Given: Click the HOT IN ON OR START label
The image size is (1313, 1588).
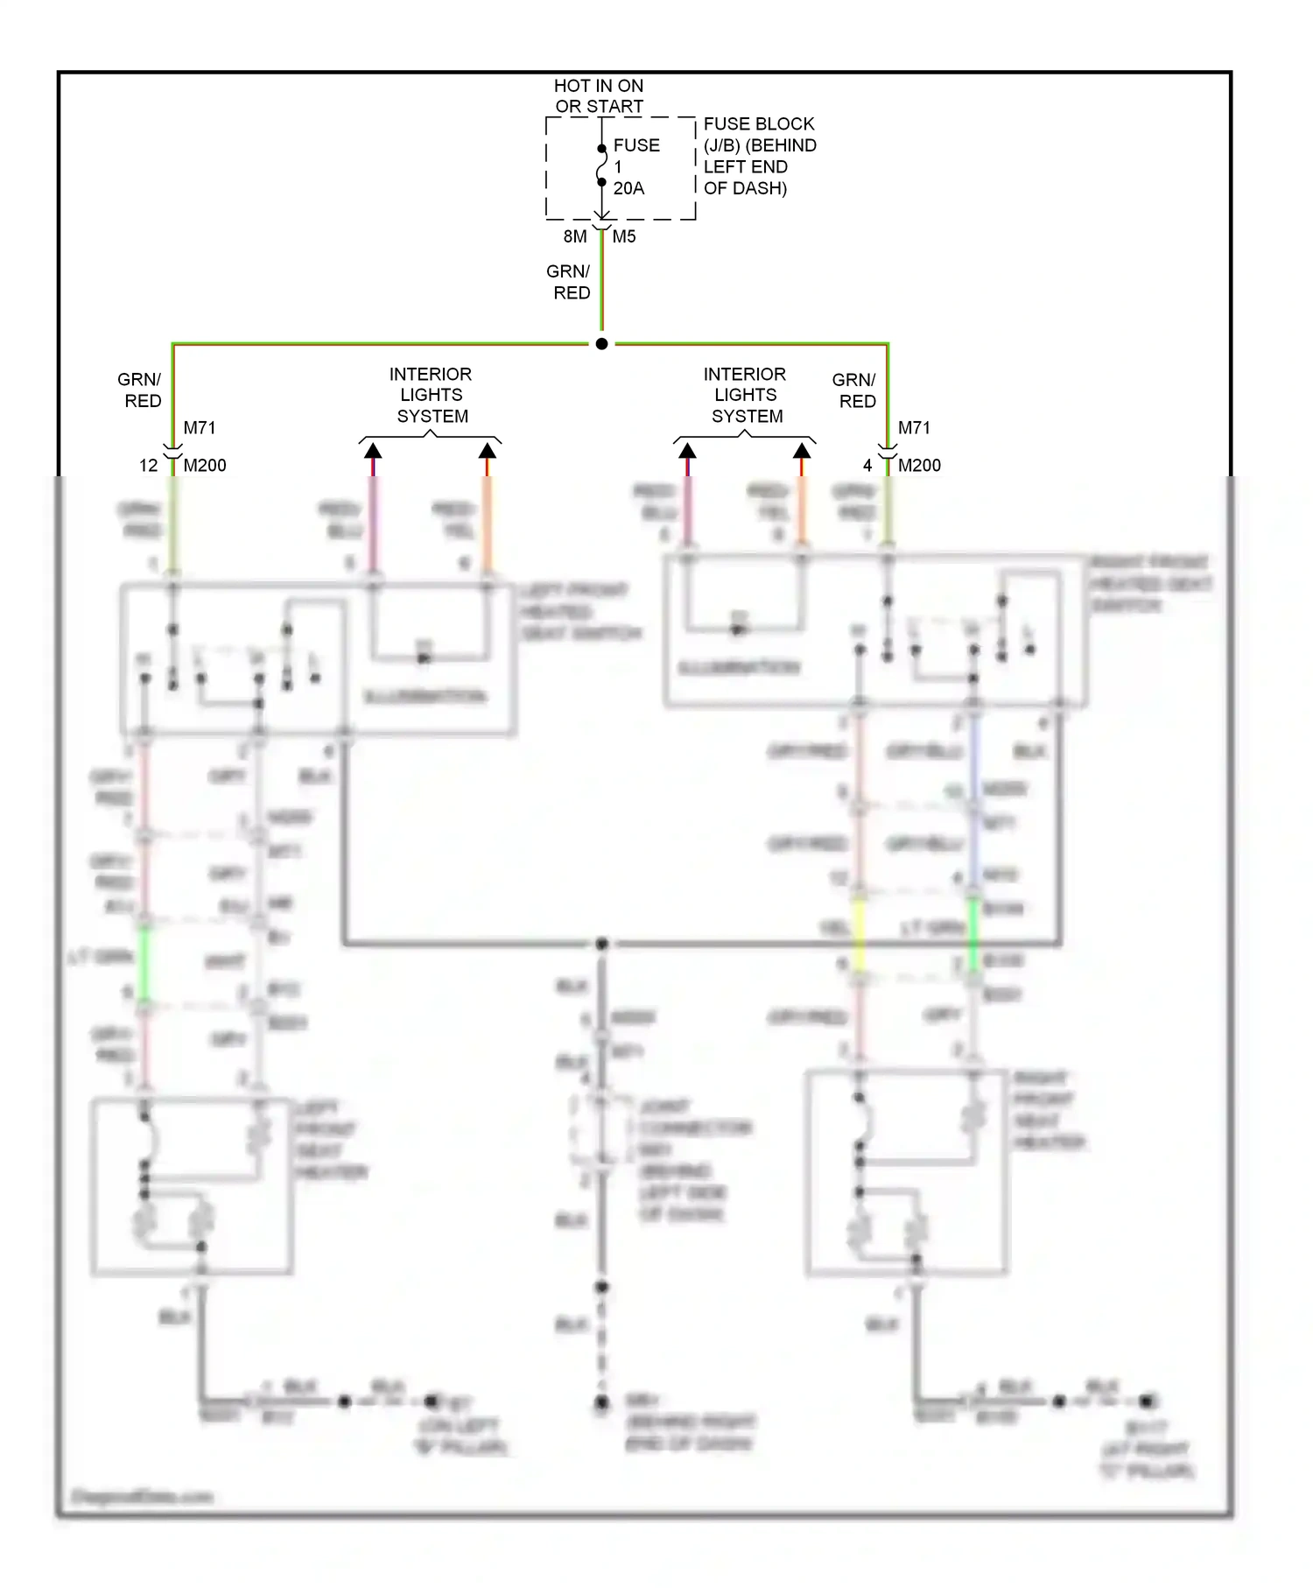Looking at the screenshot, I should [x=599, y=96].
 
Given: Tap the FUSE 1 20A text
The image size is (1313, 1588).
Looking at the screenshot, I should [x=635, y=166].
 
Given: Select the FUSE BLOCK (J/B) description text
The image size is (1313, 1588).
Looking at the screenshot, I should [x=759, y=156].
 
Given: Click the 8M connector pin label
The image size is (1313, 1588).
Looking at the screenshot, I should [x=575, y=236].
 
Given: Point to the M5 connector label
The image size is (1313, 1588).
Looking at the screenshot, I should [x=624, y=236].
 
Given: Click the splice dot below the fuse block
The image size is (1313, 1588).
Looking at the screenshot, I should [x=601, y=344].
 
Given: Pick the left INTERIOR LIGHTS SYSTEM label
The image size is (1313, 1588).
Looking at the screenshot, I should [x=431, y=395].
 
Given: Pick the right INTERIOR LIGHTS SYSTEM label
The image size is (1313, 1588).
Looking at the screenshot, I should [x=746, y=395].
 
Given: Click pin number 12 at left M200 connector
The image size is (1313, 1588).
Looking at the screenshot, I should [x=148, y=466].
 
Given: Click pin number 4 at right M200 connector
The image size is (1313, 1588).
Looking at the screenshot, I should [x=867, y=466].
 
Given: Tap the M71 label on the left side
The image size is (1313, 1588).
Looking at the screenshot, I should [x=200, y=428].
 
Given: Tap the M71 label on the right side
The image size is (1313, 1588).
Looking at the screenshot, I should [x=914, y=428].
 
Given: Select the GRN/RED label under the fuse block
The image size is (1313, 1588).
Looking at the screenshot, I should [x=569, y=282].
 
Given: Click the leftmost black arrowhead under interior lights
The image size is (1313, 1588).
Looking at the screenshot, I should [x=373, y=451].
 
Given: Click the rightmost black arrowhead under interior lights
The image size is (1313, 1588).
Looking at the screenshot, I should [x=802, y=451].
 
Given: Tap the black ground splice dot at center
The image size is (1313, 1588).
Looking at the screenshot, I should [x=602, y=944].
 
